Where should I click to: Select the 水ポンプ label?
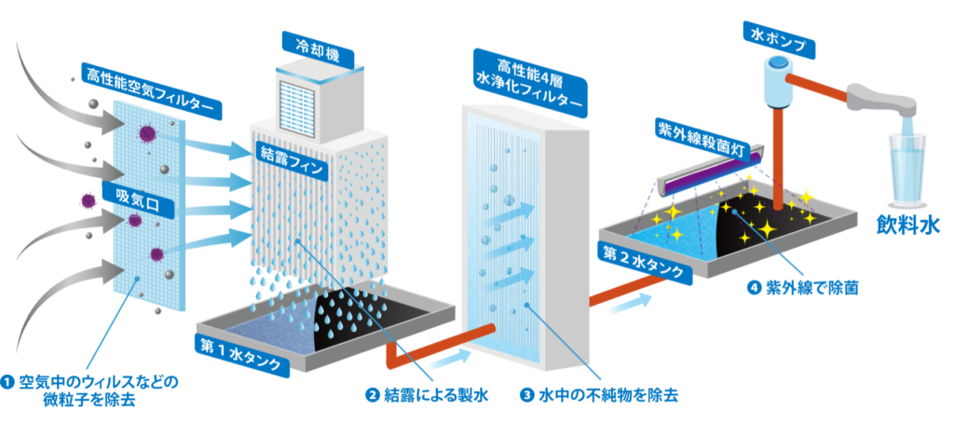coord(779,34)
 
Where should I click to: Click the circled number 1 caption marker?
coord(8,382)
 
